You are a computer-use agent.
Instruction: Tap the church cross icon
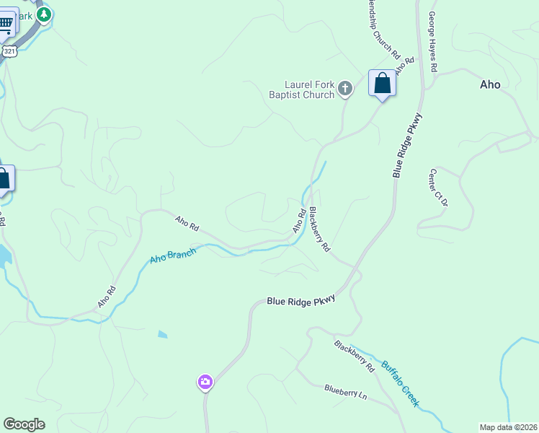(345, 89)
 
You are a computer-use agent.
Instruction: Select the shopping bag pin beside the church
(382, 84)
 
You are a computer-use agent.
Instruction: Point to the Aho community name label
(490, 84)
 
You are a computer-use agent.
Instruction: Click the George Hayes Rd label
(433, 41)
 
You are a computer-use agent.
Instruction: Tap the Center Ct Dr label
(439, 188)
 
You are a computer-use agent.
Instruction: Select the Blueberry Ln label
(346, 392)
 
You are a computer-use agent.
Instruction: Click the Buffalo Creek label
(400, 383)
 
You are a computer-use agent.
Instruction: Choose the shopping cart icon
(6, 23)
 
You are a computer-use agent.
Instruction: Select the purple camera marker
(205, 382)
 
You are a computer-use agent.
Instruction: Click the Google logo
(24, 424)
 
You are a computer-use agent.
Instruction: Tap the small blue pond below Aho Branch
(163, 334)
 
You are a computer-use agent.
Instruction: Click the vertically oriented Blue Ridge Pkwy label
(407, 145)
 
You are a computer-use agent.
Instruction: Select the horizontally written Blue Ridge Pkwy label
(301, 301)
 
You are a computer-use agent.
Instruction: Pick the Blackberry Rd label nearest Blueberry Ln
(355, 355)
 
